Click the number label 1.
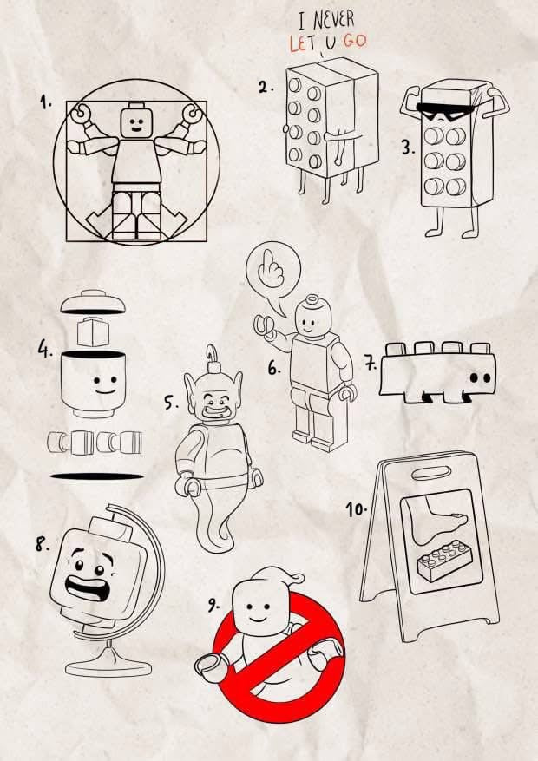click(45, 102)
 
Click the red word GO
click(354, 40)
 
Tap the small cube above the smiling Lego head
click(95, 332)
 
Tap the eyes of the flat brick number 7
click(480, 378)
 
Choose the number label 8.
click(42, 545)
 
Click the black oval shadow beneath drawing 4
click(97, 476)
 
